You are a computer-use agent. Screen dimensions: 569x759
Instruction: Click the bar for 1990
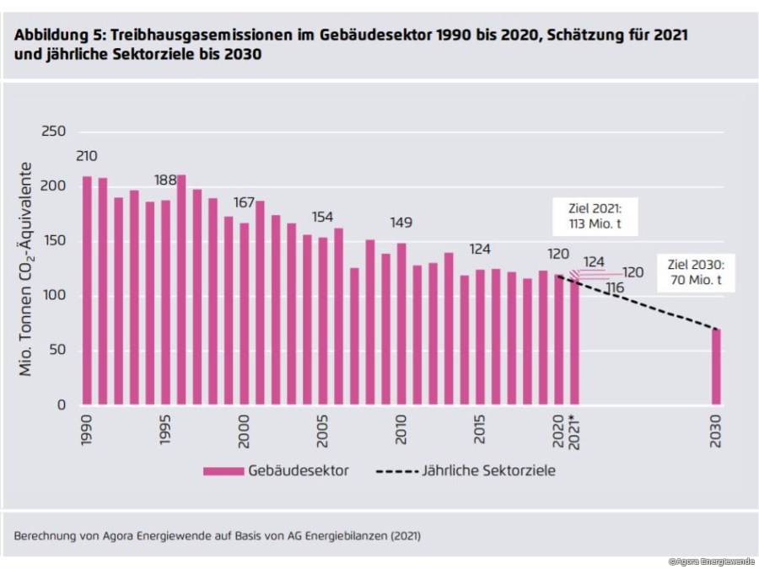pyautogui.click(x=87, y=291)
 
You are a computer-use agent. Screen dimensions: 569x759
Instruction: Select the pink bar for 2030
pyautogui.click(x=717, y=367)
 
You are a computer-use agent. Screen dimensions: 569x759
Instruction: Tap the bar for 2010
pyautogui.click(x=401, y=325)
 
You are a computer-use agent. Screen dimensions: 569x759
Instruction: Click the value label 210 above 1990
pyautogui.click(x=87, y=156)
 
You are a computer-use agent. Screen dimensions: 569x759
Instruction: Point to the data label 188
pyautogui.click(x=165, y=180)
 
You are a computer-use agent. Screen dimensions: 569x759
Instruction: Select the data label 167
pyautogui.click(x=245, y=202)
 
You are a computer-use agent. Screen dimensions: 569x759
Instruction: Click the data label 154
pyautogui.click(x=323, y=217)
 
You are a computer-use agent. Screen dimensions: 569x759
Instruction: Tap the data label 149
pyautogui.click(x=401, y=223)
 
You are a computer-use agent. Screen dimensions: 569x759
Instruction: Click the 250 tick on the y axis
pyautogui.click(x=53, y=132)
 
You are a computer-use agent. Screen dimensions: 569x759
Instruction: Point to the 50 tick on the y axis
pyautogui.click(x=57, y=350)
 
